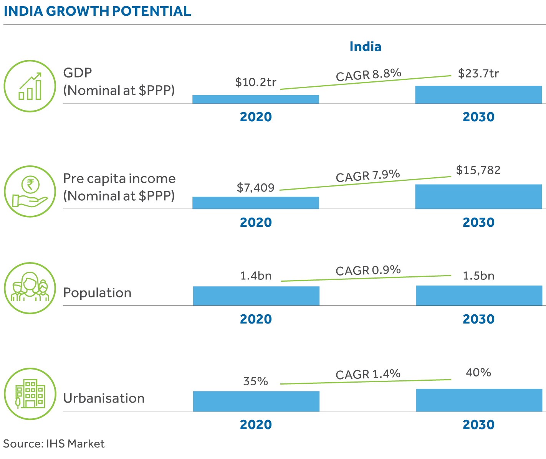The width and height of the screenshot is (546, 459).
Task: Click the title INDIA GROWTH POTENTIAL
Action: point(97,11)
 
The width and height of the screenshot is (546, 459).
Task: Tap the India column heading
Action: point(365,46)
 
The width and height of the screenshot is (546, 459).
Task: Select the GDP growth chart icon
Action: point(30,86)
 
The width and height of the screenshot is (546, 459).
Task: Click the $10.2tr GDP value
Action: point(256,82)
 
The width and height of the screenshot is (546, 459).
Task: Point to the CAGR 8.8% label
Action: point(368,74)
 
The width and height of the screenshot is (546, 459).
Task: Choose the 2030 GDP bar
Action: point(478,94)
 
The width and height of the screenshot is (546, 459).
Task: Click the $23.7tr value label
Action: point(478,73)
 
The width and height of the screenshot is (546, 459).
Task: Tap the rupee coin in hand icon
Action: point(30,192)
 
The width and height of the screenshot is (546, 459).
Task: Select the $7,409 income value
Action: point(256,188)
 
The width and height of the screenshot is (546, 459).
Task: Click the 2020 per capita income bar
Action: point(256,203)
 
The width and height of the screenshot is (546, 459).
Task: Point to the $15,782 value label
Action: point(478,170)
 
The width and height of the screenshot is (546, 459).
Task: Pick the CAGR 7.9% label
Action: point(368,176)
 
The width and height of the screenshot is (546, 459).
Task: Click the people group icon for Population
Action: point(30,288)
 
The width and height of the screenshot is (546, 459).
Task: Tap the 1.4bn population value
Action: point(256,276)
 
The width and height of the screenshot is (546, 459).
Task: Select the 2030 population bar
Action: point(479,296)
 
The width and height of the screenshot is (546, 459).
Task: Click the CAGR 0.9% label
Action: point(368,271)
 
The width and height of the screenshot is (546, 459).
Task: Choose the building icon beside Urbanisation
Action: point(30,394)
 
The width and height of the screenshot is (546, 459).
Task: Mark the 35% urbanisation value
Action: point(256,381)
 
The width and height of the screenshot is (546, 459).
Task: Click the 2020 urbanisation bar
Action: point(256,401)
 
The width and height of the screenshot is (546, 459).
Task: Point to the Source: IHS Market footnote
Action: point(54,444)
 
